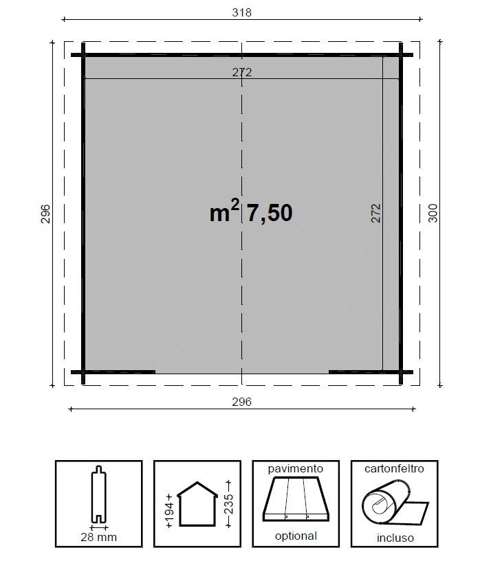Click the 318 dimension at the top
pos(241,13)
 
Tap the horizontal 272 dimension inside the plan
pos(241,72)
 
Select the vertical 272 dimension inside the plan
pos(375,214)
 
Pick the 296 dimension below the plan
pos(241,402)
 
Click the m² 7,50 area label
pos(251,213)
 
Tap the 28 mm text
pos(99,538)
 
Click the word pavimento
pos(296,469)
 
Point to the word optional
pos(296,536)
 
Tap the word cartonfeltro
pos(394,469)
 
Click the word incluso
pos(394,538)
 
